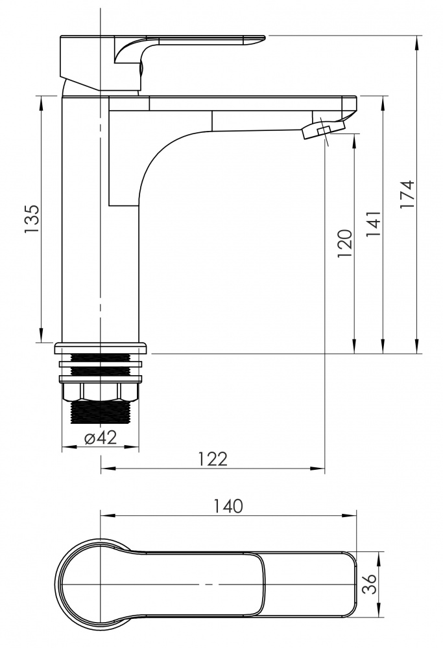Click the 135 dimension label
[x=31, y=219]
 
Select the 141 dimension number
[x=373, y=224]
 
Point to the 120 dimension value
[x=344, y=244]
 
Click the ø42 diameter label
[x=101, y=437]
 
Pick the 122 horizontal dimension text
[x=213, y=459]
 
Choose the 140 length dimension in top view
[x=228, y=506]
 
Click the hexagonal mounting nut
[x=100, y=392]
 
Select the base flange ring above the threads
[x=101, y=348]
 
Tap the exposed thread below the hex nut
[x=101, y=411]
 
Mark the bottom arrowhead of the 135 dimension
[x=42, y=335]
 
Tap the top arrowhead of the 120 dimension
[x=355, y=141]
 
